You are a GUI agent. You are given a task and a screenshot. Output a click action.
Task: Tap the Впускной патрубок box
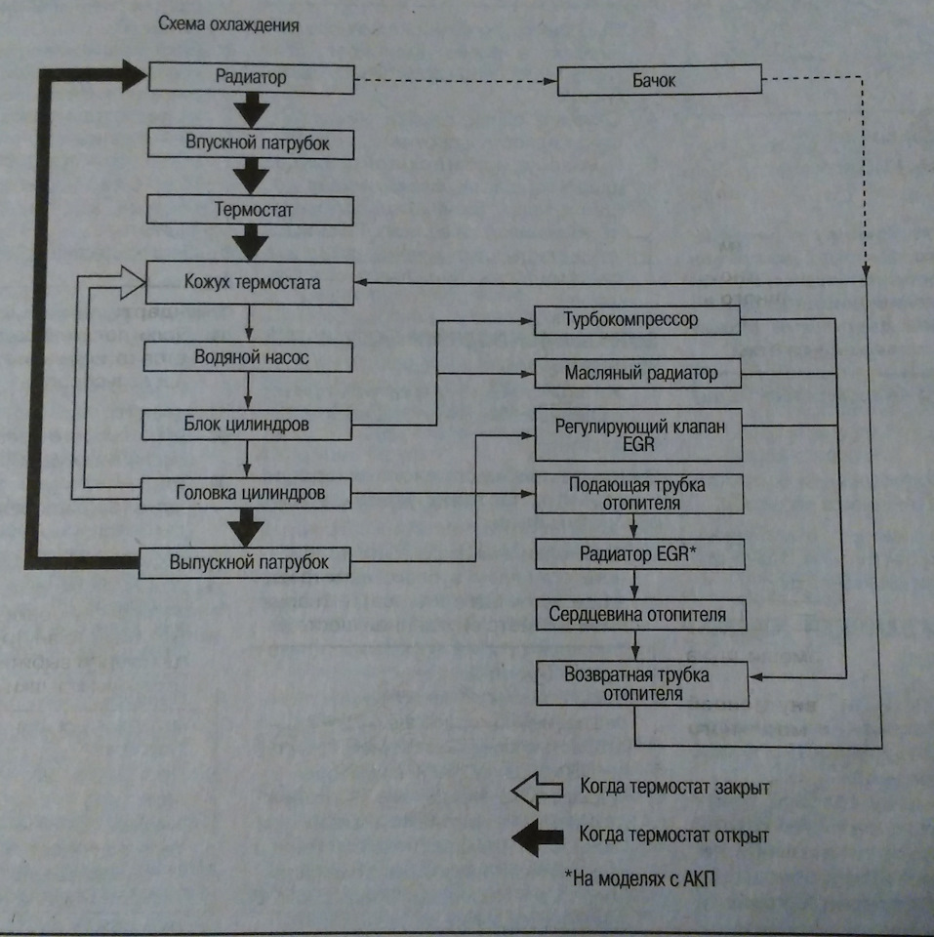point(250,143)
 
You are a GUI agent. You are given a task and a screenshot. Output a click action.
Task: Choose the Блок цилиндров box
point(246,426)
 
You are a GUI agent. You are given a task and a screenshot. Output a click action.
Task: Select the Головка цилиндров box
point(246,494)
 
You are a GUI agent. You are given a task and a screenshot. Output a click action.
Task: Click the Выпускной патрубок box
point(246,562)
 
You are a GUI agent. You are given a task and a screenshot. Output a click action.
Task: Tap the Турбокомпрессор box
point(636,319)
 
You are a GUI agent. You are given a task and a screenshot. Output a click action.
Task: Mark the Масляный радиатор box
point(636,373)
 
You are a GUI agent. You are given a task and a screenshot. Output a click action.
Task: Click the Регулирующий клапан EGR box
point(636,435)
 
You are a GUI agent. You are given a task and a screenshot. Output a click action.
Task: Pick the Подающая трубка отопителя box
point(636,495)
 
